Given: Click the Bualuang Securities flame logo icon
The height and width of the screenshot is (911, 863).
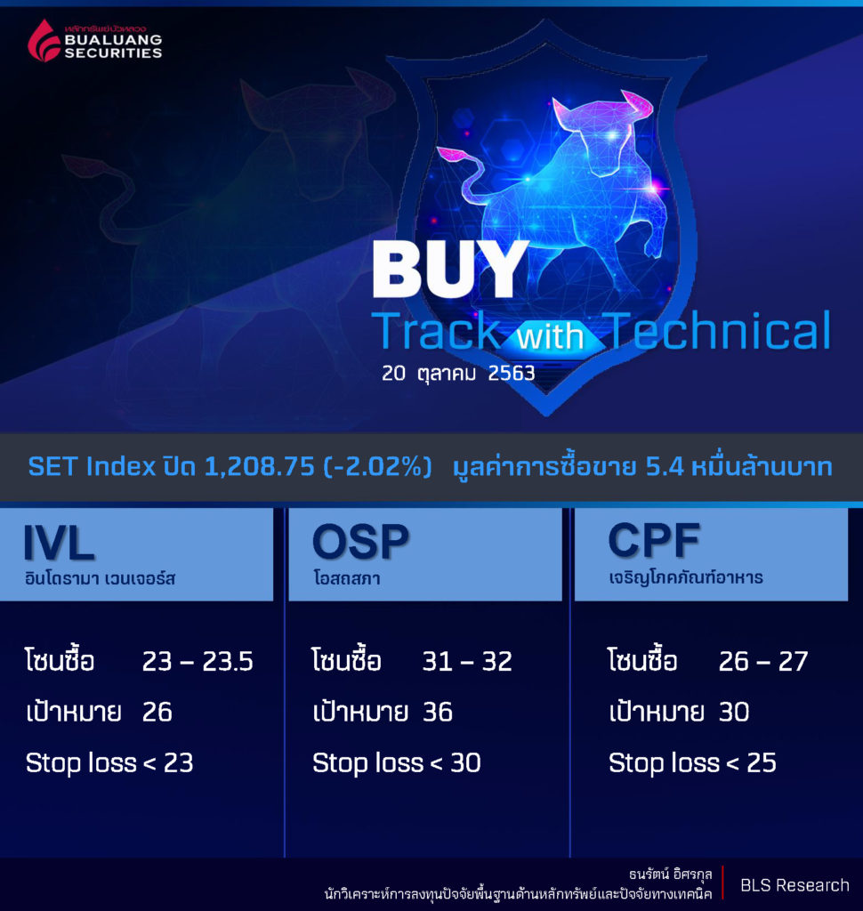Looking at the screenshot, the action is click(44, 41).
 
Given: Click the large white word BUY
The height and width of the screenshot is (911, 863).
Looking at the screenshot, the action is click(450, 269).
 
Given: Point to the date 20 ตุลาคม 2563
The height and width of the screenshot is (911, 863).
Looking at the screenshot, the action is click(458, 373).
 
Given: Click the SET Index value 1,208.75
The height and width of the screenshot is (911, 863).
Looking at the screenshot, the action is click(260, 466).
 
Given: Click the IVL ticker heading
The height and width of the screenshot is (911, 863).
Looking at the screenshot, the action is click(58, 543).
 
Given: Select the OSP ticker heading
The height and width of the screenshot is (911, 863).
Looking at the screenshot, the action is click(361, 542).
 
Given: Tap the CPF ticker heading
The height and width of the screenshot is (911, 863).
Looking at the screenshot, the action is click(654, 540).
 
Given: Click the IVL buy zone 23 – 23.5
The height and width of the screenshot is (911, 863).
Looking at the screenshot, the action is click(198, 661).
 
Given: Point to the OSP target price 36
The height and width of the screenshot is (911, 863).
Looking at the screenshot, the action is click(438, 712).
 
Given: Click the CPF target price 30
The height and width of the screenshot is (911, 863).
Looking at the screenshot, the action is click(734, 712).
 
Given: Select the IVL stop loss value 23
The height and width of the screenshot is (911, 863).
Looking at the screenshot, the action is click(179, 762).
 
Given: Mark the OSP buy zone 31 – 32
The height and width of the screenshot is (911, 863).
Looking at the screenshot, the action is click(467, 661).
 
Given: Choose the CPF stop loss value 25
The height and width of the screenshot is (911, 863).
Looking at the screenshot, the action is click(762, 762).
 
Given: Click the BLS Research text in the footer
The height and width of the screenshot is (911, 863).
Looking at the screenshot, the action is click(794, 885).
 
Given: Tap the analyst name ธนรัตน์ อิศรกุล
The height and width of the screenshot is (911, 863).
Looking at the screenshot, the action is click(670, 875).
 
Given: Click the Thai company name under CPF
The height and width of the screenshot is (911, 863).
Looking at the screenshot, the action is click(686, 577).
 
